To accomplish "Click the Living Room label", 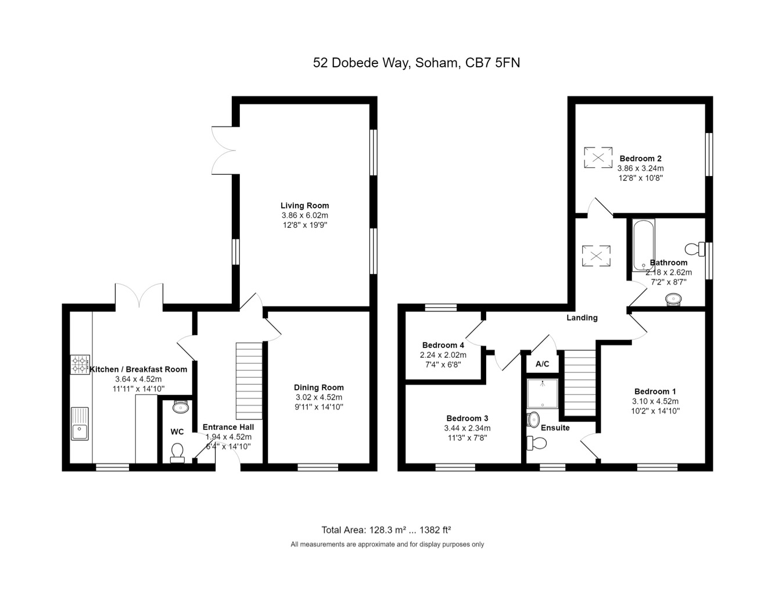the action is (x=304, y=206).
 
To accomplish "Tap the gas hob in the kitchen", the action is (x=80, y=364).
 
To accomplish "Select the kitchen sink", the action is (x=80, y=423).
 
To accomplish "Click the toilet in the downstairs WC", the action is (x=177, y=453).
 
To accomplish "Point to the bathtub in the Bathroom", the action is (x=644, y=245).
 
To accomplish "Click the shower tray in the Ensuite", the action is (x=543, y=393).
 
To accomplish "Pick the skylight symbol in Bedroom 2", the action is (x=598, y=157).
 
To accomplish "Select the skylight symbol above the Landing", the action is (x=596, y=256).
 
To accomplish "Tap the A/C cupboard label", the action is (x=543, y=364).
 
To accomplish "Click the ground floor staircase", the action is (x=249, y=380).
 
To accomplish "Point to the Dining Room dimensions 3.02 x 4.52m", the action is (x=319, y=397).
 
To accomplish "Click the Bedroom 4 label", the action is (x=443, y=346).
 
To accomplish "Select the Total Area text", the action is (x=386, y=530).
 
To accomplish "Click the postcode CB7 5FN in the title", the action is (x=493, y=63).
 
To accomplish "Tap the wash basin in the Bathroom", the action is (x=673, y=299).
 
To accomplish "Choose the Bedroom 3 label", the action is (x=467, y=418).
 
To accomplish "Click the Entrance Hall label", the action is (x=228, y=427).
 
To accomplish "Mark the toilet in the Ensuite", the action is (x=536, y=443).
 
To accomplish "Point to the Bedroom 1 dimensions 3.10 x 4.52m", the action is (x=655, y=401).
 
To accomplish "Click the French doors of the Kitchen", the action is (x=139, y=296).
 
